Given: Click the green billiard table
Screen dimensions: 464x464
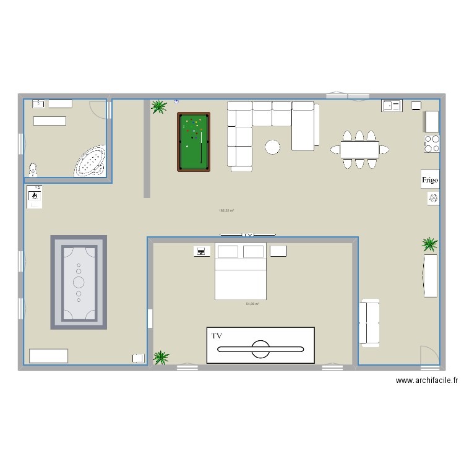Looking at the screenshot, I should coord(194,142).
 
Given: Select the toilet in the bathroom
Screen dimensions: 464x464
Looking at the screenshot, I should coord(33,169).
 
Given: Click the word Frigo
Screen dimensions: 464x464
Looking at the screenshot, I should coord(430,180).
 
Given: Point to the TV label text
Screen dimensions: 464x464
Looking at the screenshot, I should coord(217,336).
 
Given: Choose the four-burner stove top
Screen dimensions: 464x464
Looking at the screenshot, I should coord(431,144).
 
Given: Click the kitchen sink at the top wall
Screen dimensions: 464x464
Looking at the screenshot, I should coord(392,106).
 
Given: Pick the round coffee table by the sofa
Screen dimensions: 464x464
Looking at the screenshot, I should coord(272,147).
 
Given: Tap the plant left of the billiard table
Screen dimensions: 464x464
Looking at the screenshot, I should coord(159,107).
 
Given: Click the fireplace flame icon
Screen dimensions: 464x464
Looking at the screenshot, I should coord(35,195).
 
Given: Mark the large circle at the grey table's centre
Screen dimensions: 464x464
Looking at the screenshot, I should coord(79,282).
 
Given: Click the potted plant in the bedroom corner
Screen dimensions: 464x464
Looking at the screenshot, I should coord(161,357).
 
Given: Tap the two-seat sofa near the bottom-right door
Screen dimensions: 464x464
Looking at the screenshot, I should coord(369,320).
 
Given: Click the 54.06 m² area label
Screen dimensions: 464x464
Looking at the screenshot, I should coord(252,304).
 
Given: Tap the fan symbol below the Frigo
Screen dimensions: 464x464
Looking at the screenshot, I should coord(432,198).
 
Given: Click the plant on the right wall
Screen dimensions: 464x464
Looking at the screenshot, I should coord(429,243).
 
